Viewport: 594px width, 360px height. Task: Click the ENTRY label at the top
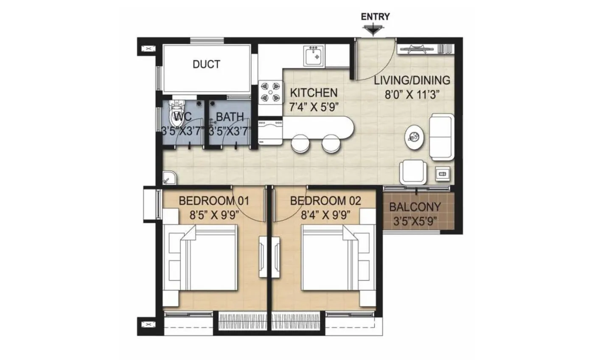coord(375,17)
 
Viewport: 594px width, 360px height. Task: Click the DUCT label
coord(206,64)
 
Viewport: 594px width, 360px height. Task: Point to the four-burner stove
coord(271,92)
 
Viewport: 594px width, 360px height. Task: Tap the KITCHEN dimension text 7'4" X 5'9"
coord(314,106)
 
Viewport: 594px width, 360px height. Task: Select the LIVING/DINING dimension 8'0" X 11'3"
coord(412,94)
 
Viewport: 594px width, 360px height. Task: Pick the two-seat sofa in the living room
coord(442,137)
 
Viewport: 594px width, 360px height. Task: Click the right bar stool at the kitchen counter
coord(331,143)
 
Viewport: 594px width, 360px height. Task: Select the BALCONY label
coord(415,208)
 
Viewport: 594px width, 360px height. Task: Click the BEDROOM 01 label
coord(214,201)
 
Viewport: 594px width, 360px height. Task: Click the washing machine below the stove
coord(270,131)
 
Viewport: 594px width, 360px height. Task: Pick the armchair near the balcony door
coord(413,172)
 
